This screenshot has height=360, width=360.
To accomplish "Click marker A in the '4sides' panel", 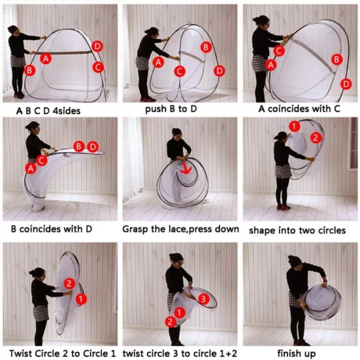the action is (46, 59).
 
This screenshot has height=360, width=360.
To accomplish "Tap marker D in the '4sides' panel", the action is (97, 46).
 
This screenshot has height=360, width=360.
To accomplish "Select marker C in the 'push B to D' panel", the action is (179, 71).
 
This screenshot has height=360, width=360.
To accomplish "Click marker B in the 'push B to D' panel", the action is (206, 47).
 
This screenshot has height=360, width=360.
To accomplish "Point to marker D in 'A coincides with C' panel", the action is (346, 84).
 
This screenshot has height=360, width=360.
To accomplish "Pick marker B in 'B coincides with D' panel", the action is (79, 146).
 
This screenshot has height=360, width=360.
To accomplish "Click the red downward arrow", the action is (185, 169).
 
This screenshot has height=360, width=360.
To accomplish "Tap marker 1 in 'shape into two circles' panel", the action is (295, 126).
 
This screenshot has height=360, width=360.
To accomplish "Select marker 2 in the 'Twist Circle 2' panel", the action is (70, 284).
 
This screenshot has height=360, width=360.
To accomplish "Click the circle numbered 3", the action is (203, 299).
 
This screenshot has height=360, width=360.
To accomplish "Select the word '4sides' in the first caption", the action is (67, 111).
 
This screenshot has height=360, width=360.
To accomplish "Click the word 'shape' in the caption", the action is (260, 230).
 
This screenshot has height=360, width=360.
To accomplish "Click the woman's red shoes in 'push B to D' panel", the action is (148, 99).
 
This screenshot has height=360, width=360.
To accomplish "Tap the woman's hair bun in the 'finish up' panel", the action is (291, 257).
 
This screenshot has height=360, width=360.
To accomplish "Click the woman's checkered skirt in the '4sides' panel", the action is (19, 61).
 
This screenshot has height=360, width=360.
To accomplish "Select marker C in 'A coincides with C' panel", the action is (279, 51).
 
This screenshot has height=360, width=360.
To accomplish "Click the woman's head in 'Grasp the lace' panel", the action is (176, 134).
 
